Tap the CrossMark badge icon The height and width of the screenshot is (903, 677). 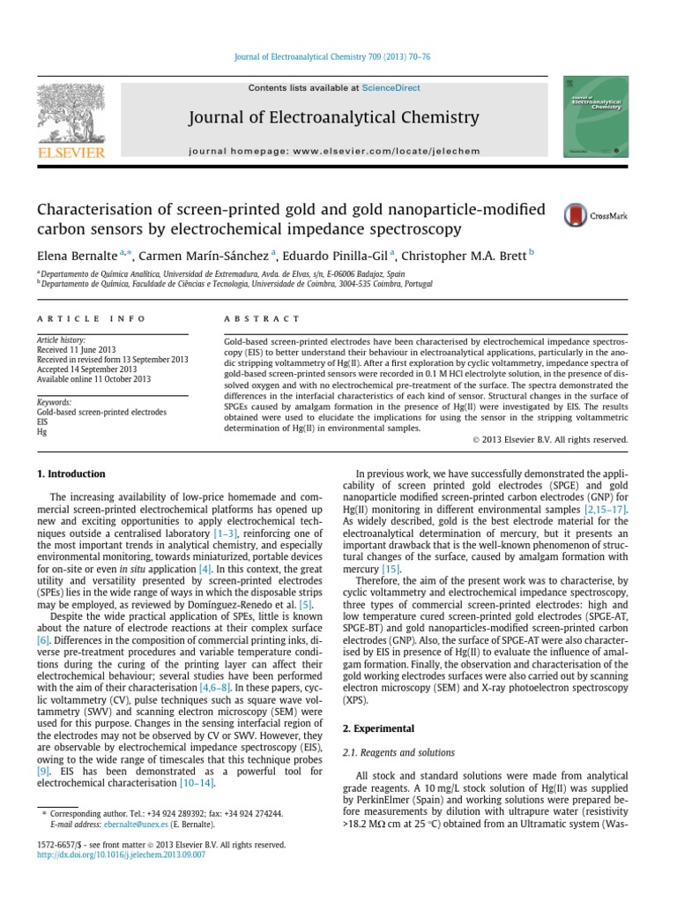pos(577,214)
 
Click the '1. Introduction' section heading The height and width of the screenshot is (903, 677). pos(71,474)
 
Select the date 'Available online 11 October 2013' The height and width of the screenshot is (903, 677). pos(93,379)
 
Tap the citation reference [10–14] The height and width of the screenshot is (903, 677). pos(197,782)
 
